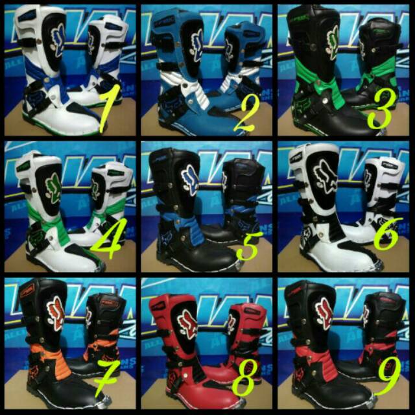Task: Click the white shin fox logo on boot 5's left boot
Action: [x=192, y=175]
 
